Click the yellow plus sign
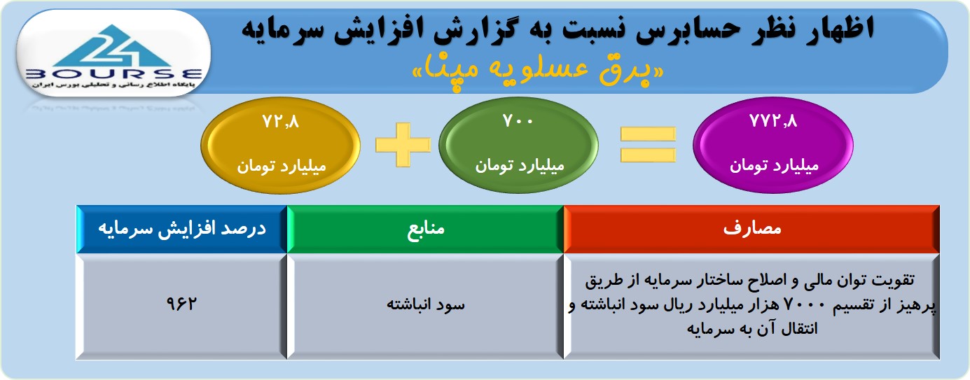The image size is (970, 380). point(403,145)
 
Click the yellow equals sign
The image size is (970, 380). point(648,145)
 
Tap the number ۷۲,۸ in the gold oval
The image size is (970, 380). point(281,122)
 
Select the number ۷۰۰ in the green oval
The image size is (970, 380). point(518,121)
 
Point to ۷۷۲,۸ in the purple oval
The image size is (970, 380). point(773,121)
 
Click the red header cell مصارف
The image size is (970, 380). point(751,229)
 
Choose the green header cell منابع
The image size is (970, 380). point(425,229)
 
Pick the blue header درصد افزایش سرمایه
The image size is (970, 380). point(182,229)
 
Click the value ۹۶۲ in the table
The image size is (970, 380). point(181,304)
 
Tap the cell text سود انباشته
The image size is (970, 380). point(425,304)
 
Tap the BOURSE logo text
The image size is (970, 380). point(114,74)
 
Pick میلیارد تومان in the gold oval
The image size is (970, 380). point(282,167)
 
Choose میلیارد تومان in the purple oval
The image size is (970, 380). point(775,166)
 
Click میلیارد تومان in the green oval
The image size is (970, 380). point(520,166)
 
